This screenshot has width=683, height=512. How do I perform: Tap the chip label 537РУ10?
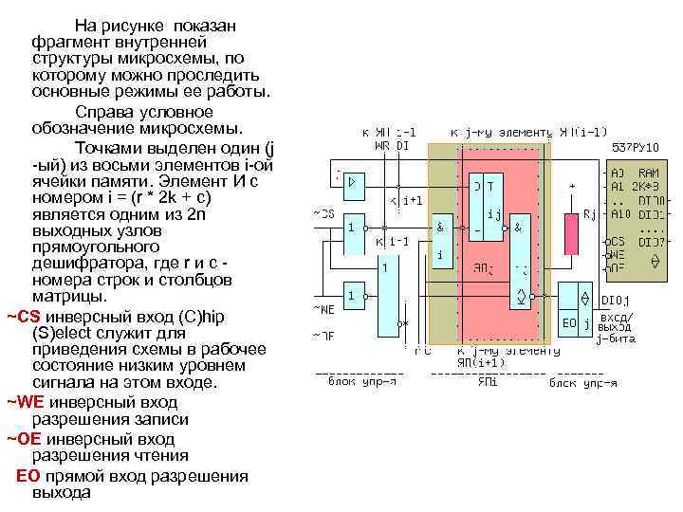tap(635, 147)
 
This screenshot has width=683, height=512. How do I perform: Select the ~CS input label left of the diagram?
tap(323, 214)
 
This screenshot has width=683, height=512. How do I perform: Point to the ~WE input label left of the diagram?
tap(323, 308)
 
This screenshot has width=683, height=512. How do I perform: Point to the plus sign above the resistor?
tap(572, 185)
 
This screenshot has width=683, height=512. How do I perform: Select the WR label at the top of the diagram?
tap(380, 146)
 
